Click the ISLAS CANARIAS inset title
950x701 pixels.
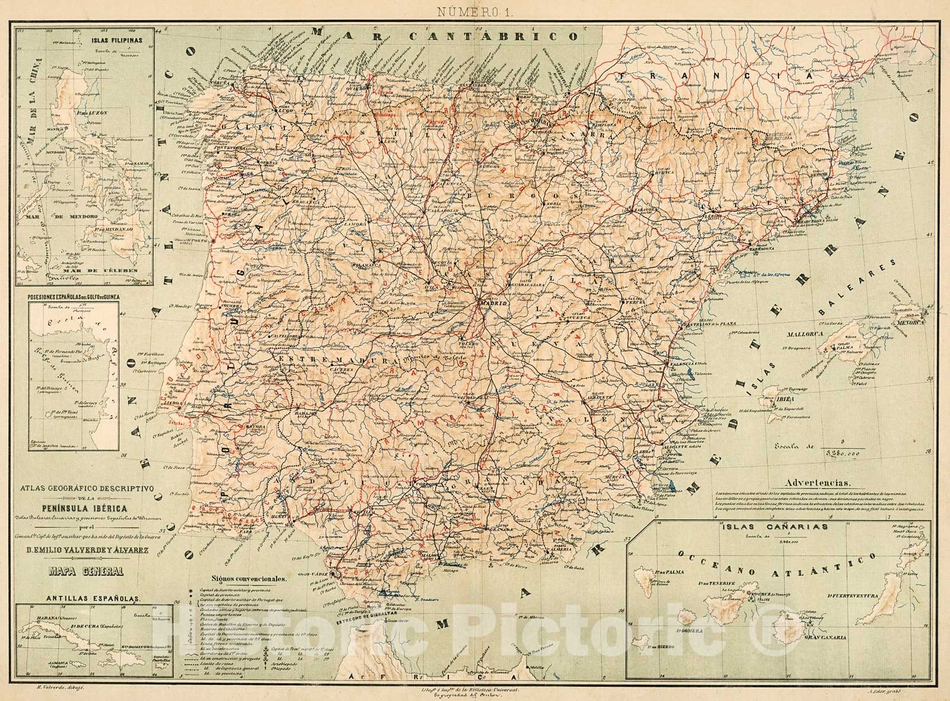pyautogui.click(x=772, y=526)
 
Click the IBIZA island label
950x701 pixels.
pyautogui.click(x=786, y=399)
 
